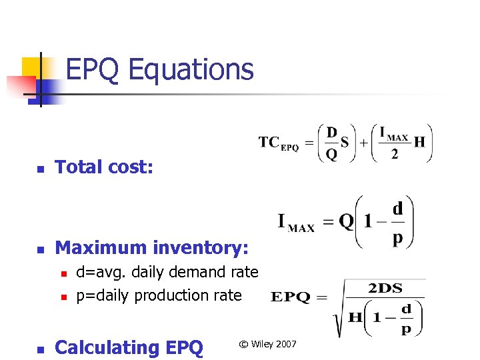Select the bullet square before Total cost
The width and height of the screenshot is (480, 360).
(40, 169)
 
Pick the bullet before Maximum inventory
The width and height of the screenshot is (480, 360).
(40, 249)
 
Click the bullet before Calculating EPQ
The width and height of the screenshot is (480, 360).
(40, 349)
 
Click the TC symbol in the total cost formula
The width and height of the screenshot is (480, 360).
(269, 142)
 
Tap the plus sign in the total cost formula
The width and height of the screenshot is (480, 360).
(363, 143)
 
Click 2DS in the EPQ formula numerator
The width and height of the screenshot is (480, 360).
(385, 289)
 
